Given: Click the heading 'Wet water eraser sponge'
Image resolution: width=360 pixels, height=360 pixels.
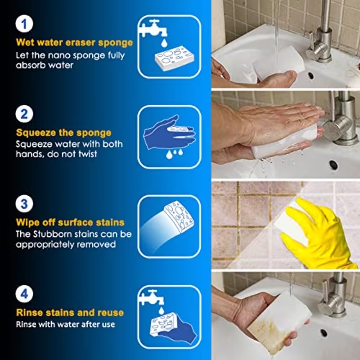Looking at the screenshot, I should point(74,43).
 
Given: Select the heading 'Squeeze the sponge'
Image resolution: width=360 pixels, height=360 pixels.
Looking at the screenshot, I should point(63,133).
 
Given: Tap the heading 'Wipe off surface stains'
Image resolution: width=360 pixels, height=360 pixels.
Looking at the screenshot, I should point(70,222).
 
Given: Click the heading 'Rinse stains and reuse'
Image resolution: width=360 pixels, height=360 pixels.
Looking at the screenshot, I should point(70,312).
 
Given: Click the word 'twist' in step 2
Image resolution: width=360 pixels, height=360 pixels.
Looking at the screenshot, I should point(89,154).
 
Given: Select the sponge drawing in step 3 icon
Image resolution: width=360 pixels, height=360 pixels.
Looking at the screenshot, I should point(180,219).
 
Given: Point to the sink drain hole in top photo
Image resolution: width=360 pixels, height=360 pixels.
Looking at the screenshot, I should point(311,75).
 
